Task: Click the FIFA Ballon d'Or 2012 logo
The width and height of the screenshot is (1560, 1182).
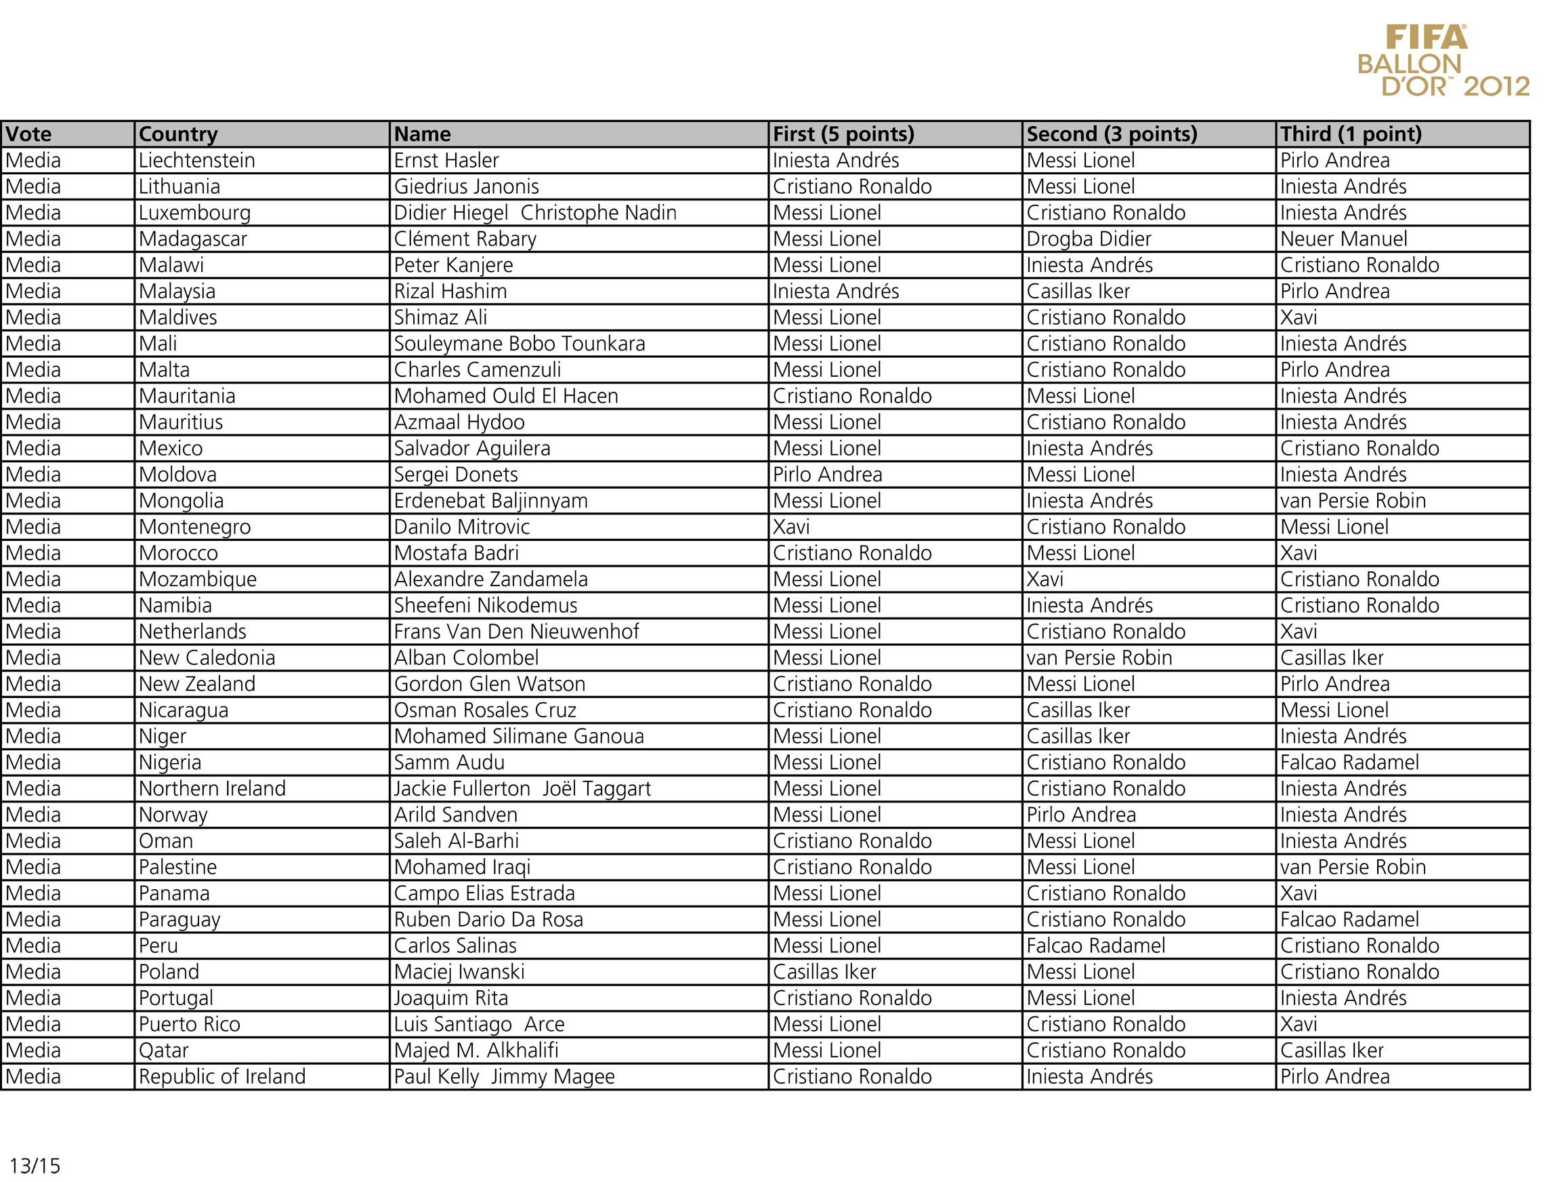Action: [x=1442, y=61]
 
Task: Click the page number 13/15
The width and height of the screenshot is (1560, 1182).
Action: [x=35, y=1165]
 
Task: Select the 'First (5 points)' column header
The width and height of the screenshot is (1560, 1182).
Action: [x=843, y=134]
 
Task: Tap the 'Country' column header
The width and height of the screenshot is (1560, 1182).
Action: [x=177, y=134]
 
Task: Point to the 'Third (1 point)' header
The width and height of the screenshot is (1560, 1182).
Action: [x=1350, y=134]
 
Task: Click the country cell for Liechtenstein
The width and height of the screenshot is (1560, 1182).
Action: [x=196, y=161]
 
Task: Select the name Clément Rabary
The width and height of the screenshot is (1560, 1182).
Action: [x=465, y=239]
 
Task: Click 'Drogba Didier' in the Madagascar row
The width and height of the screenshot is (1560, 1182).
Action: [x=1088, y=239]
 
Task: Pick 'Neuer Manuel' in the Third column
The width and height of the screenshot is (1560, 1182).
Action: [x=1343, y=239]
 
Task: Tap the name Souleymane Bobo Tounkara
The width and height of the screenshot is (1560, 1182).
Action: [x=519, y=344]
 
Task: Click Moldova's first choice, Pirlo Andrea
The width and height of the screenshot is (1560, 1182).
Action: [x=826, y=475]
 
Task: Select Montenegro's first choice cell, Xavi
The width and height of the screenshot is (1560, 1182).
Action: [x=790, y=527]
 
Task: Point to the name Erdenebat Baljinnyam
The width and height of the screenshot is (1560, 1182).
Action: [x=490, y=501]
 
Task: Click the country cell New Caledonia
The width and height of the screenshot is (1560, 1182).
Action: [x=207, y=657]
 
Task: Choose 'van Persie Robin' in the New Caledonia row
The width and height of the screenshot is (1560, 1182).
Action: [x=1099, y=657]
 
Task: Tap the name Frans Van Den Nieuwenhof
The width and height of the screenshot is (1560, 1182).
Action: [x=516, y=632]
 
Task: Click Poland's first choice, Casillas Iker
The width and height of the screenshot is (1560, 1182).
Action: [x=824, y=972]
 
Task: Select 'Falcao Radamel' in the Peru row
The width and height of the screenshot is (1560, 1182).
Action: [x=1095, y=945]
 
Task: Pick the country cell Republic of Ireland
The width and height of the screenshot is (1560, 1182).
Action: [x=222, y=1076]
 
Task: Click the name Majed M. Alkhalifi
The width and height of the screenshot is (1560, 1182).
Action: [x=476, y=1050]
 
